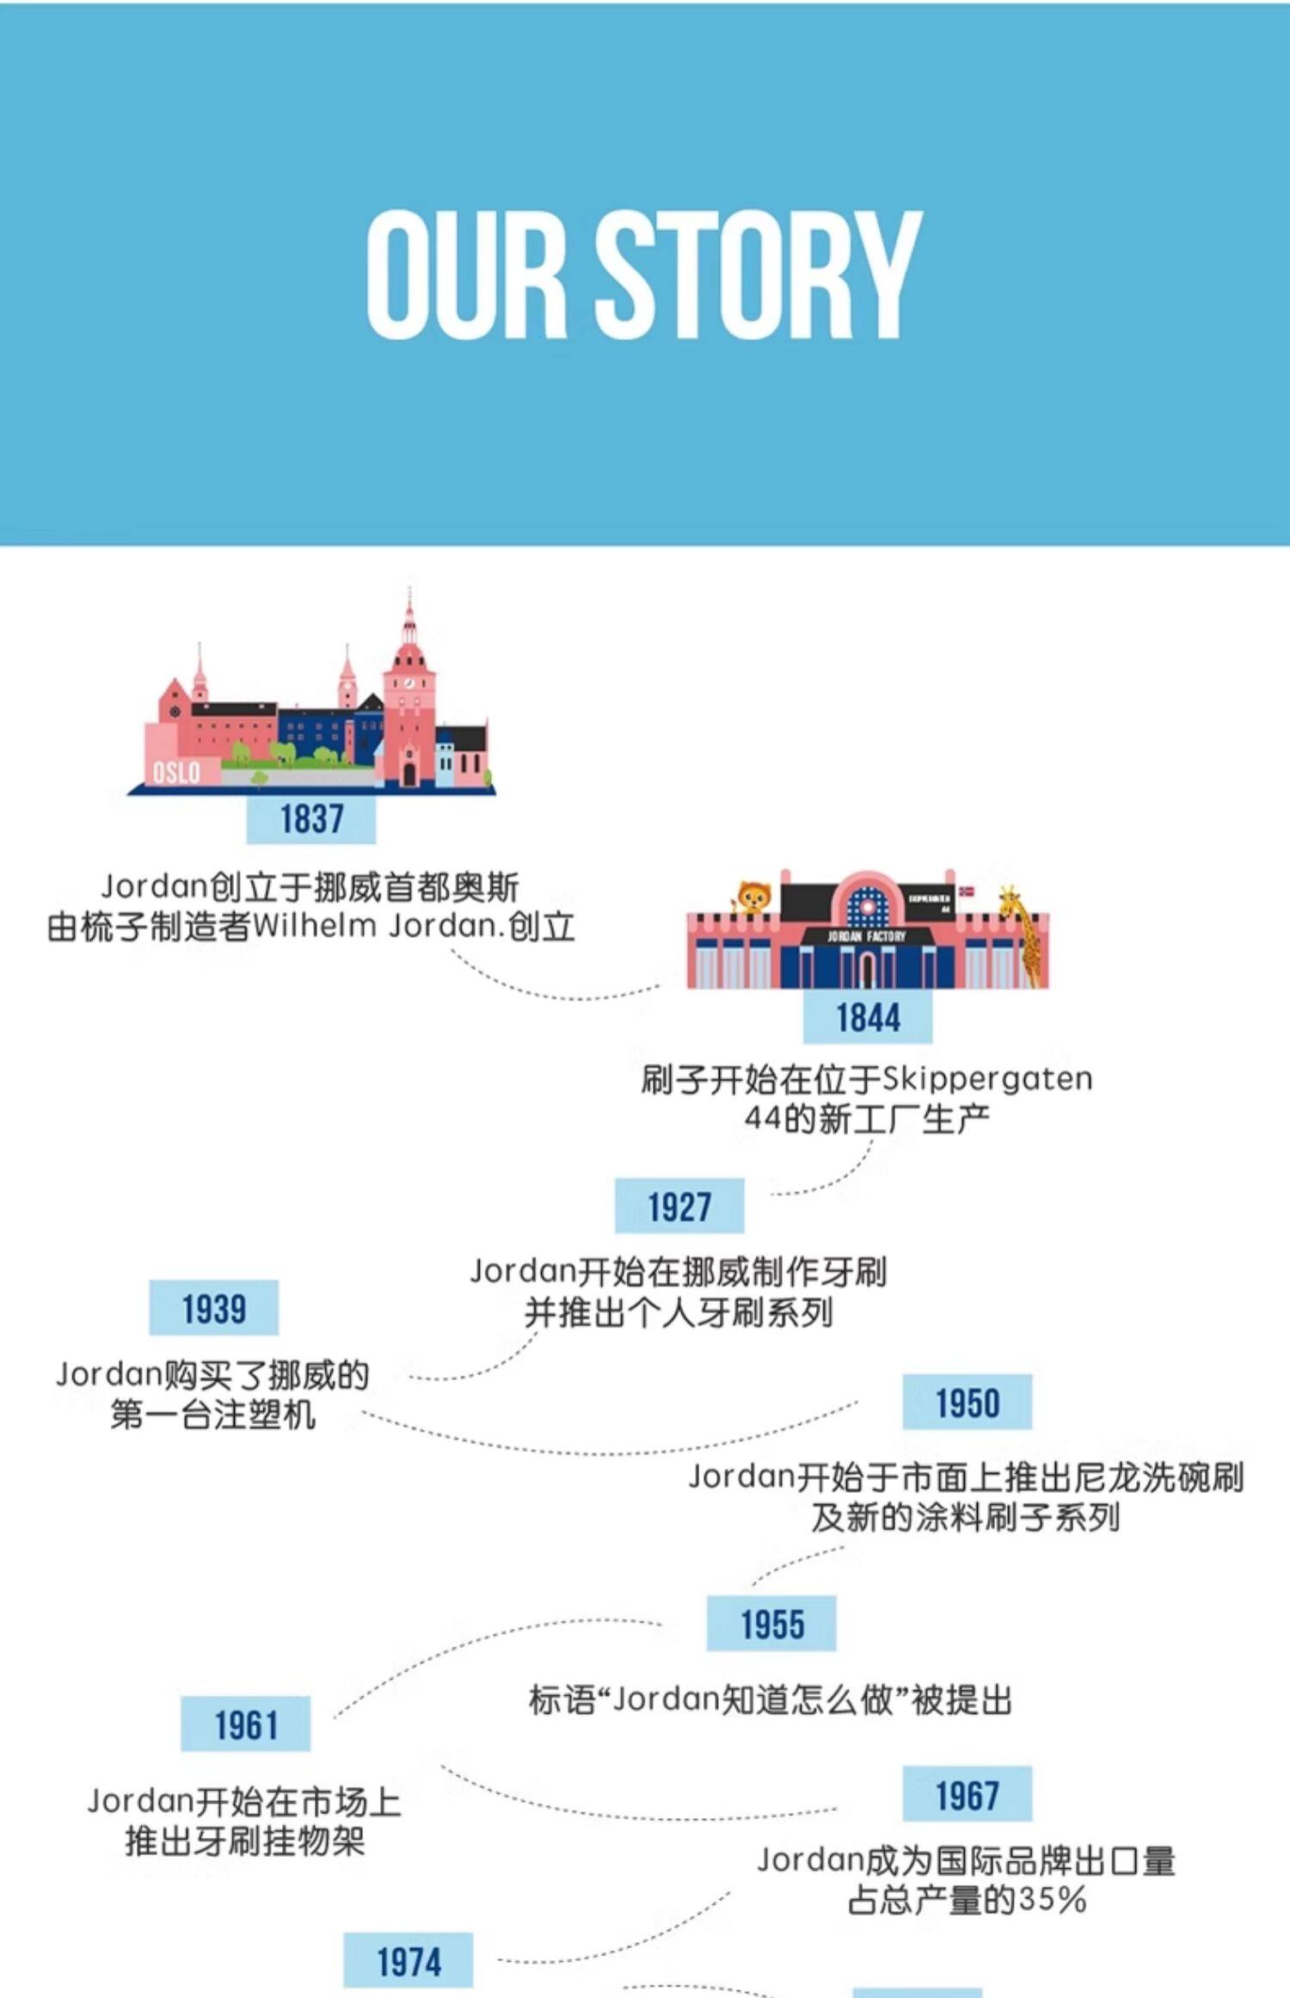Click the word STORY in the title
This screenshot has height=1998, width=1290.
pyautogui.click(x=759, y=274)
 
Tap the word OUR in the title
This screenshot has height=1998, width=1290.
pyautogui.click(x=467, y=274)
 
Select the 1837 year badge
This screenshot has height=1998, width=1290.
pyautogui.click(x=311, y=818)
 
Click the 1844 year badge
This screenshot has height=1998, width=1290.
pyautogui.click(x=868, y=1018)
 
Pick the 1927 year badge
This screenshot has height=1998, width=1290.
pyautogui.click(x=679, y=1206)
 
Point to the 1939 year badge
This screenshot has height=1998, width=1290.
pyautogui.click(x=213, y=1309)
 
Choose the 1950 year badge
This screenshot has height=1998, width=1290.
pyautogui.click(x=967, y=1403)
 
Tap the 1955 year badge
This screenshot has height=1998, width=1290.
pyautogui.click(x=771, y=1624)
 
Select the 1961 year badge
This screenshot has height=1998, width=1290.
pyautogui.click(x=245, y=1724)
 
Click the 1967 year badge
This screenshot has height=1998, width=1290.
pyautogui.click(x=967, y=1795)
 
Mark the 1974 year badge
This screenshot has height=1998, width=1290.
pyautogui.click(x=408, y=1962)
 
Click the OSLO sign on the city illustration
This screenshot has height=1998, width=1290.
pyautogui.click(x=176, y=772)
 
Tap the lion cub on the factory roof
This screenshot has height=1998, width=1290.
pyautogui.click(x=753, y=898)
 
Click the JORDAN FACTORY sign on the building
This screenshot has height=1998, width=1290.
pyautogui.click(x=866, y=935)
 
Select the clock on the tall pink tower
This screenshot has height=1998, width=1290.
pyautogui.click(x=410, y=683)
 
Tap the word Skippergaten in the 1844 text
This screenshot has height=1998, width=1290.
pyautogui.click(x=987, y=1079)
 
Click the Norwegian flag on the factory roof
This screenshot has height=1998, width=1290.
pyautogui.click(x=967, y=891)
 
